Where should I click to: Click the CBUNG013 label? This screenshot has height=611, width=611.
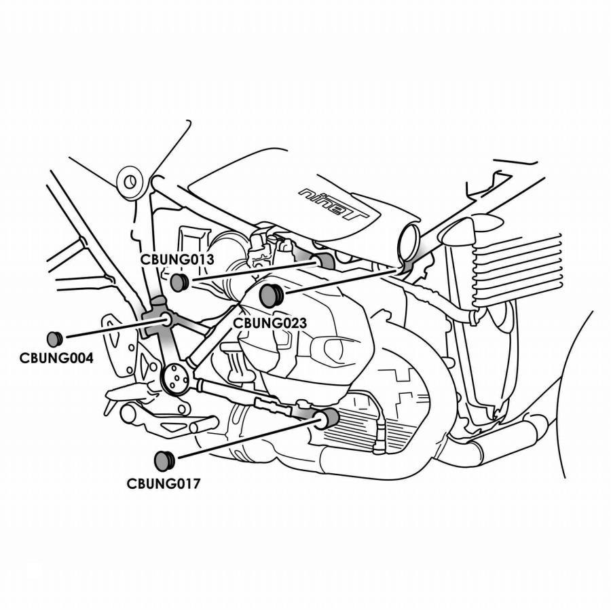[x=177, y=259]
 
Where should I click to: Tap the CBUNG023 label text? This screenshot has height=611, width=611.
[x=270, y=323]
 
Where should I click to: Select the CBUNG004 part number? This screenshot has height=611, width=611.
[x=56, y=358]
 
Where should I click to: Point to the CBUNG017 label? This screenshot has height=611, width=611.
[x=163, y=483]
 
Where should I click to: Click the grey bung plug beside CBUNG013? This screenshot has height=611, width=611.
[x=180, y=282]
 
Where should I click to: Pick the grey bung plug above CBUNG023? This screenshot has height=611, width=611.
[x=272, y=295]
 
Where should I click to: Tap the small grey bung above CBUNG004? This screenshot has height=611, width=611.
[x=54, y=339]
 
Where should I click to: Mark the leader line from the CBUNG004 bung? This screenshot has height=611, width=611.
[x=117, y=329]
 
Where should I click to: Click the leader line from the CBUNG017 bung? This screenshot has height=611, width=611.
[x=248, y=438]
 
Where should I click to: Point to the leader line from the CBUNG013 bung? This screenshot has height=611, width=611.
[x=253, y=272]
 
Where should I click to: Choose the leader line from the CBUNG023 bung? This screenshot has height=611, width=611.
[x=343, y=280]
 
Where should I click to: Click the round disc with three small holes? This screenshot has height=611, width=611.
[x=174, y=377]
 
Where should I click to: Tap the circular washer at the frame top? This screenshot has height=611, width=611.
[x=130, y=181]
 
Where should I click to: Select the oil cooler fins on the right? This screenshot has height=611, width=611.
[x=517, y=269]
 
